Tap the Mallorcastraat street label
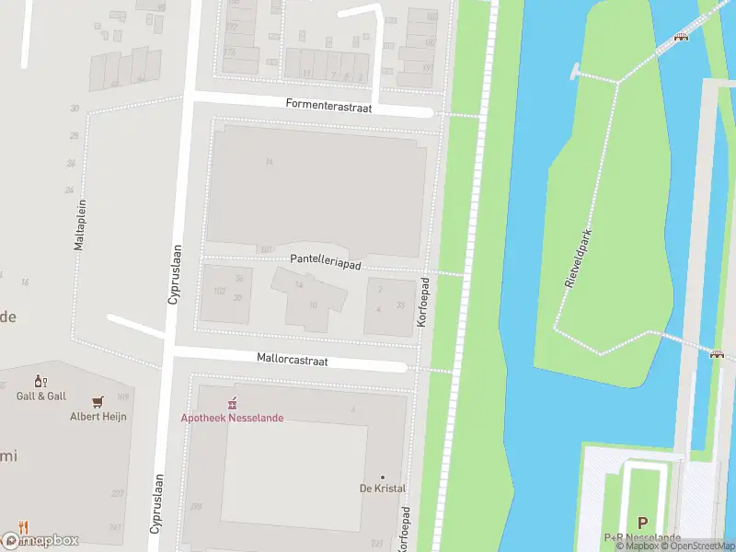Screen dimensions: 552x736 click(x=292, y=361)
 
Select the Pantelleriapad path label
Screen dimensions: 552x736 click(x=324, y=261)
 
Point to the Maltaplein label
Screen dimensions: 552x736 click(x=80, y=224)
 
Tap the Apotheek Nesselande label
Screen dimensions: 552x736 click(x=232, y=418)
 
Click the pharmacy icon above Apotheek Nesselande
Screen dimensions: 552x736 click(x=233, y=402)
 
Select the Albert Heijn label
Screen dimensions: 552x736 click(x=98, y=417)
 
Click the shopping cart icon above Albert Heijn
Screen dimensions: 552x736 click(x=98, y=401)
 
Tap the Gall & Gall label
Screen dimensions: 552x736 click(x=41, y=396)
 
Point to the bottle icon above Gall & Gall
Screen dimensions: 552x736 click(x=40, y=381)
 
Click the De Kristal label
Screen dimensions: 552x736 click(x=383, y=489)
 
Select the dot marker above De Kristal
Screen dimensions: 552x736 click(x=383, y=477)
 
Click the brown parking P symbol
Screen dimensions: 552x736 click(x=642, y=522)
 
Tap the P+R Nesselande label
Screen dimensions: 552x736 click(x=642, y=537)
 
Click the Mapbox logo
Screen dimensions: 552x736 click(x=40, y=540)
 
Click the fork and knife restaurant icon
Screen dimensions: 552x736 click(x=24, y=527)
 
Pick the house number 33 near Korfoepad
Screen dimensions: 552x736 click(x=400, y=305)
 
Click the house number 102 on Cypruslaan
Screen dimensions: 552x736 click(x=219, y=291)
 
